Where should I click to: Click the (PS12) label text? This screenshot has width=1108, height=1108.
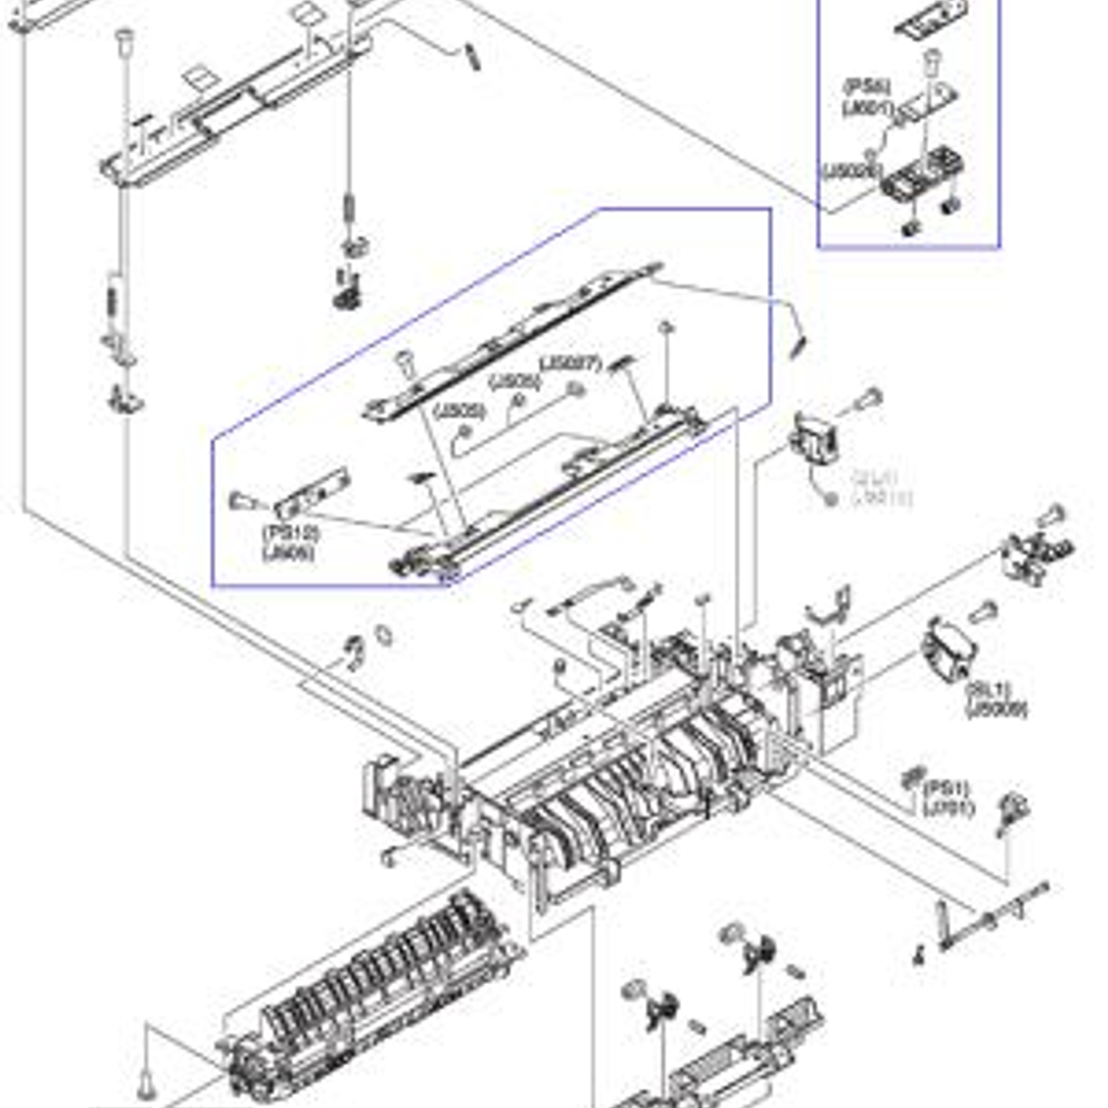290,534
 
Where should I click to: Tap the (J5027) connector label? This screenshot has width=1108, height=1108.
570,362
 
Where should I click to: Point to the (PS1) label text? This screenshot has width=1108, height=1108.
946,789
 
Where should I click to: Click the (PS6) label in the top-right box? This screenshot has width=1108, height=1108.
866,87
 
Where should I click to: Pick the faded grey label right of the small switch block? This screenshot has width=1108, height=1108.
880,488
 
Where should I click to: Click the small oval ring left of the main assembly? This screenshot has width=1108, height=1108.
383,634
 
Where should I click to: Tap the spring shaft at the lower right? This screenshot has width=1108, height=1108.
995,915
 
